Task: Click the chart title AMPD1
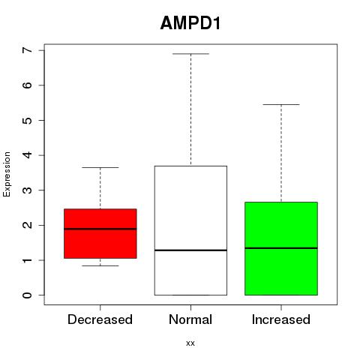190,23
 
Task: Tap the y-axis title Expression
7,174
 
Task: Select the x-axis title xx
190,343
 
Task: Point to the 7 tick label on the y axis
28,50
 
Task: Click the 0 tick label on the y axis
28,295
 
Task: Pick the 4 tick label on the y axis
28,155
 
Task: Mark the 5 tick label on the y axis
28,120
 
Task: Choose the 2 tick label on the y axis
28,225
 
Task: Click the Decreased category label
100,319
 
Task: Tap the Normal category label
190,319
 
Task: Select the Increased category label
281,319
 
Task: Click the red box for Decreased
100,233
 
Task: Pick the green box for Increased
281,248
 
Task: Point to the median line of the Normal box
190,250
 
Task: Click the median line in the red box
100,229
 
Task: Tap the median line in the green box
281,248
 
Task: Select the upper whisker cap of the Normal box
190,54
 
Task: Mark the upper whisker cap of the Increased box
281,104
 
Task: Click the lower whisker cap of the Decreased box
100,265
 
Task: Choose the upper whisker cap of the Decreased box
100,167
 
